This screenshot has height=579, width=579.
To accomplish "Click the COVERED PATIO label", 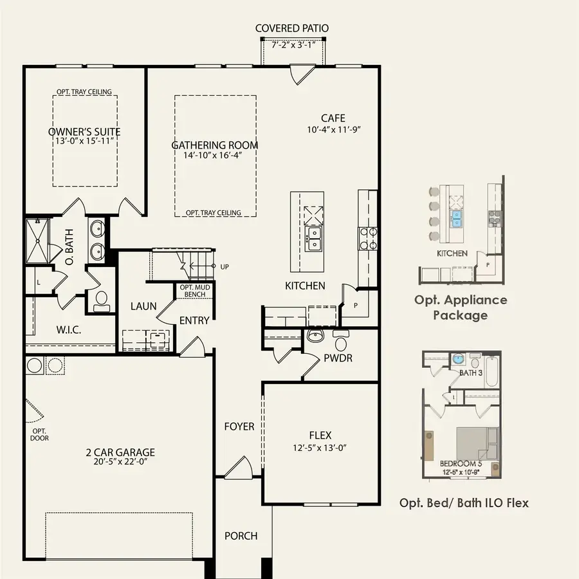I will pos(292,28).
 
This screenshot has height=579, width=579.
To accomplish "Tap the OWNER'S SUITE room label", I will pos(84,132).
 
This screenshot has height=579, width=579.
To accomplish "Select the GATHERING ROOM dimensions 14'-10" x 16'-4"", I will pos(214,155).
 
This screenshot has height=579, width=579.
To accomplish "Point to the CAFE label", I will pos(333,118).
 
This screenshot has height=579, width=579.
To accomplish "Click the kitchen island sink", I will pos(315,239).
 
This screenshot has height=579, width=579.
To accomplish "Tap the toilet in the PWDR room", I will pos(341,341).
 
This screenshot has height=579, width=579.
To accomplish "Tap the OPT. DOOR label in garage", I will pos(39,435).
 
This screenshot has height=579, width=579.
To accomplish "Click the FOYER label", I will pos(239,427).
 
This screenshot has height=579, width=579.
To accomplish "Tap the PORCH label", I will pos(241,536).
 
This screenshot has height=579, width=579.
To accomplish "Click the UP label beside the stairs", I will pos(224,266).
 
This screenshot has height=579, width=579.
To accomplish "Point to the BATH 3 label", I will pos(470,373).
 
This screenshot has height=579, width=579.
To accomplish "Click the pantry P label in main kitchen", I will pos(355,306).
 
